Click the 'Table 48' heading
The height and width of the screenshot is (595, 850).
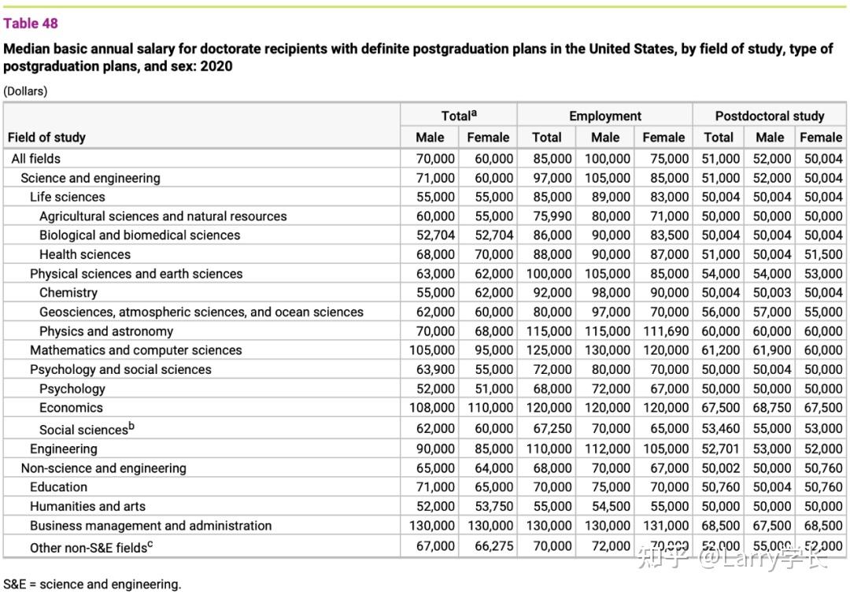coord(31,24)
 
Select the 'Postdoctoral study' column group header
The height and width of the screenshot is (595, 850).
coord(769,116)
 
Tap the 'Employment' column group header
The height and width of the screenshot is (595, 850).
coord(604,116)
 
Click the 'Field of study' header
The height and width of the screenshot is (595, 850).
coord(46,137)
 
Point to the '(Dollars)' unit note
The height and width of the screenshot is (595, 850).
coord(25,91)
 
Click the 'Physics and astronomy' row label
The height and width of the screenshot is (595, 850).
coord(106,331)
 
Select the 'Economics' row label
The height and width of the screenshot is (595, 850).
coord(71,408)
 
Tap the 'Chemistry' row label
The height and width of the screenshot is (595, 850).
coord(68,293)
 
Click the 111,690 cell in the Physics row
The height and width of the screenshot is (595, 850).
coord(665,331)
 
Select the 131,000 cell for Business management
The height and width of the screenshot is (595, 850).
coord(665,526)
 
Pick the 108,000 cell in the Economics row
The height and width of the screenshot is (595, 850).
coord(432,408)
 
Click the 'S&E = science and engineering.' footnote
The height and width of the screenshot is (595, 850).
coord(92,584)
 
